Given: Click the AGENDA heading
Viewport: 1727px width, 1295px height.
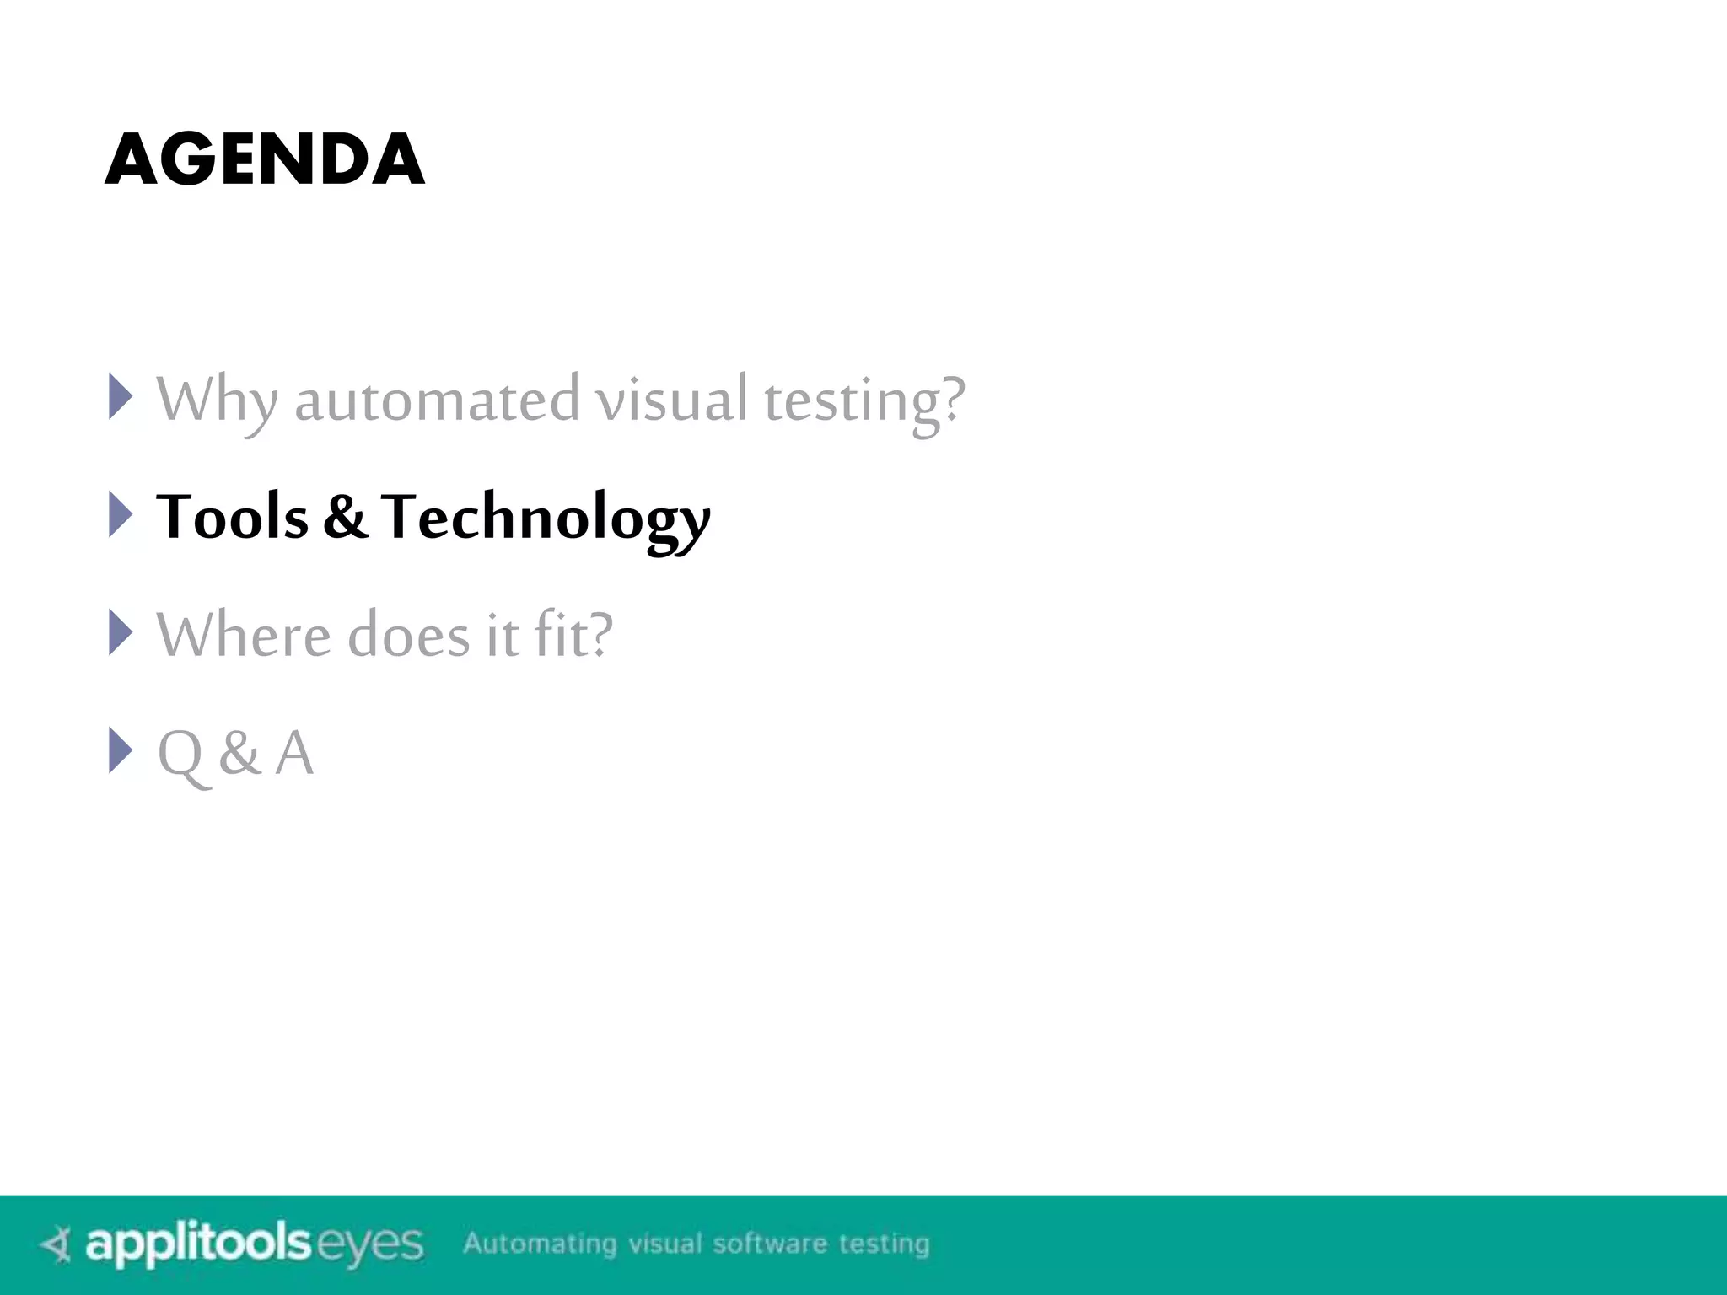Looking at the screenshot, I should [265, 159].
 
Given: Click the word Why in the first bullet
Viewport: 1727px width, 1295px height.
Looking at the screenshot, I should [216, 399].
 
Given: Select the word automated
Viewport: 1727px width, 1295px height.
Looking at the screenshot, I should [437, 399].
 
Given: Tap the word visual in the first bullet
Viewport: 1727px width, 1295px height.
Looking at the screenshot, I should [672, 399].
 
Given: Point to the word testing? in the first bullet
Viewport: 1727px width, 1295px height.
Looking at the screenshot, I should [864, 400].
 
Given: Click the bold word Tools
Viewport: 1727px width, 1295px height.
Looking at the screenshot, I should [232, 516].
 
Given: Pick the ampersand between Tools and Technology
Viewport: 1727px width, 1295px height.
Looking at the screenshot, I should [345, 517].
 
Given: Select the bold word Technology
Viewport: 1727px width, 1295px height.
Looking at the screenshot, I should [546, 518].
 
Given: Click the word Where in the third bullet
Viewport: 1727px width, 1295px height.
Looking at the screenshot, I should [244, 634].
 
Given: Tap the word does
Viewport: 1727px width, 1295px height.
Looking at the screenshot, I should [408, 634].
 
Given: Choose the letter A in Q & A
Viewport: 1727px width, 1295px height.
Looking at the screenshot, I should [294, 752].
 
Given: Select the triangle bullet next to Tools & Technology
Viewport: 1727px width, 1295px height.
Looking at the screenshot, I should [121, 514].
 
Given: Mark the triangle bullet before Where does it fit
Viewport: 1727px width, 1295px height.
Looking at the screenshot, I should [121, 632].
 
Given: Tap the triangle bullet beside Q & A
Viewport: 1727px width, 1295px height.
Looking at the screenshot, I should [121, 750].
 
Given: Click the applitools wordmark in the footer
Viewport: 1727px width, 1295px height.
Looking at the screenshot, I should [198, 1244].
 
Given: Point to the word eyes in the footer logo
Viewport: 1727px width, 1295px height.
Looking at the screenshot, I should [369, 1245].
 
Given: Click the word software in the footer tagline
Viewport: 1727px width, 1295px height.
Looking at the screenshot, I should [769, 1244].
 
